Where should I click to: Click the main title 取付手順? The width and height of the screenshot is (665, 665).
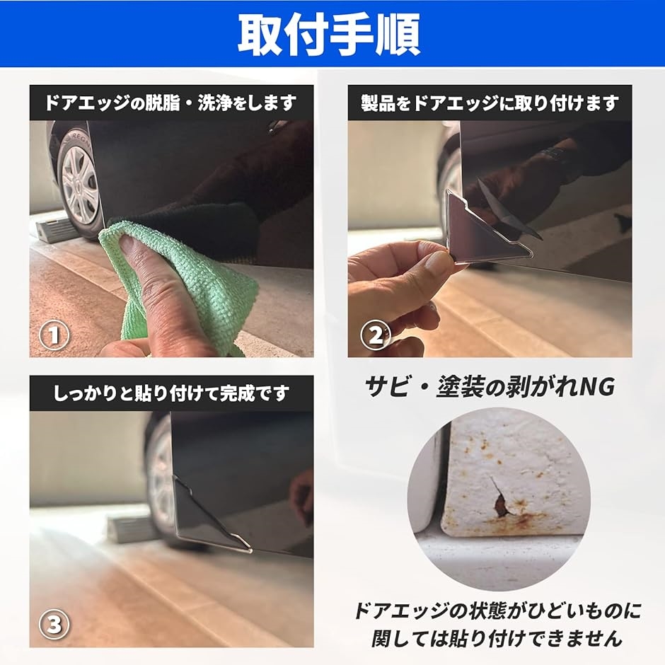tap(329, 35)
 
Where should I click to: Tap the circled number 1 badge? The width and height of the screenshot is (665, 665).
tap(54, 335)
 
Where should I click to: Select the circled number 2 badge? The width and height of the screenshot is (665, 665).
tap(376, 335)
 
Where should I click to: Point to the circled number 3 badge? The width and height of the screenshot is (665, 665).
tap(54, 624)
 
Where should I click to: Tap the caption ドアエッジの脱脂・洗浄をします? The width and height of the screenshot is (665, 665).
tap(171, 103)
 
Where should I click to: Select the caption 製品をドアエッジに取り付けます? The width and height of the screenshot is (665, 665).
tap(490, 103)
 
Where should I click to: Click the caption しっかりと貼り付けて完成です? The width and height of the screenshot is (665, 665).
tap(171, 393)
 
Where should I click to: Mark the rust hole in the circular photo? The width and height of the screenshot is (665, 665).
tap(500, 502)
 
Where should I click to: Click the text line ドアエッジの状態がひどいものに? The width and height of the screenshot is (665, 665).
tap(497, 611)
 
